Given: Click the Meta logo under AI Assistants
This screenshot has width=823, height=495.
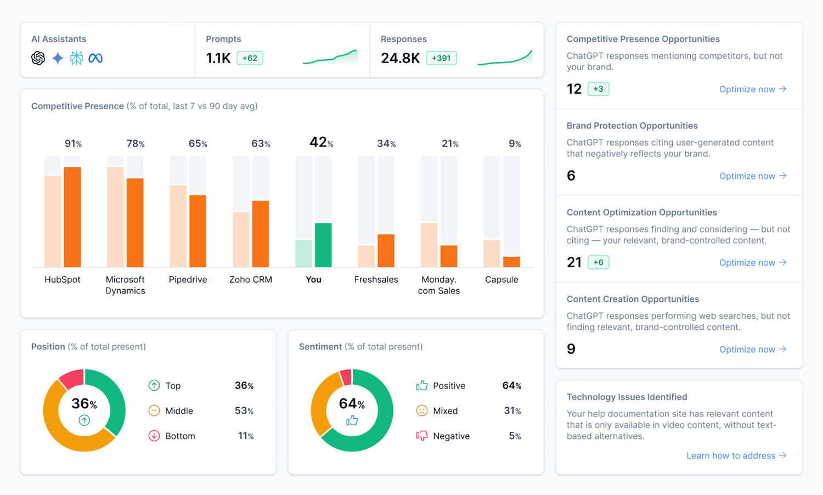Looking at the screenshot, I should [x=95, y=58].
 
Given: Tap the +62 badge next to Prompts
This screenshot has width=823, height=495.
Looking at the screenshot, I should [x=250, y=58].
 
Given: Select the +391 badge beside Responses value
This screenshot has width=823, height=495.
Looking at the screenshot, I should [x=441, y=58].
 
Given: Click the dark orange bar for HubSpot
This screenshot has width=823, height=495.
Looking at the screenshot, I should [x=72, y=217].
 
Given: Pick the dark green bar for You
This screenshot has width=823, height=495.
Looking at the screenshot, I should [x=323, y=245].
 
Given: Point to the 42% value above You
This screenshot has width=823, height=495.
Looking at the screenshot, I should [x=321, y=143].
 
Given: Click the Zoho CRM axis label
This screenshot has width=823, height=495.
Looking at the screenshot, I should [x=251, y=279].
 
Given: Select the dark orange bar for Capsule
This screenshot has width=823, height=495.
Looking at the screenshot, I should [x=511, y=262].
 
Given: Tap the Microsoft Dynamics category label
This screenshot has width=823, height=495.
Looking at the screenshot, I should [x=125, y=285].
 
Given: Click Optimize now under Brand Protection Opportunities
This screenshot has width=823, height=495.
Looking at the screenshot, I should [x=752, y=176].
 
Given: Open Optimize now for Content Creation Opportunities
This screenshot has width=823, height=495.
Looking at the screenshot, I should [x=752, y=350].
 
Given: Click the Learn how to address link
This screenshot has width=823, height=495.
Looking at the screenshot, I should [x=736, y=456].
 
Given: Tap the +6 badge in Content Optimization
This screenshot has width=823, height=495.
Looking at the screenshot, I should [x=598, y=262].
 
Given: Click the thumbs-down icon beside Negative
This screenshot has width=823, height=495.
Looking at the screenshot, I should [x=421, y=436].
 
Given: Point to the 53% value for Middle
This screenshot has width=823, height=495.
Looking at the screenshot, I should [x=244, y=411].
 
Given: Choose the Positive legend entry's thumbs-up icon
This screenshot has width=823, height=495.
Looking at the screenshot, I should [x=421, y=386].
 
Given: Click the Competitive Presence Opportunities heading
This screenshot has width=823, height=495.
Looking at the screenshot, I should [x=642, y=39].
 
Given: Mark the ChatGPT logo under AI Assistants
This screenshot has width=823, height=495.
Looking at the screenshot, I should [x=38, y=58].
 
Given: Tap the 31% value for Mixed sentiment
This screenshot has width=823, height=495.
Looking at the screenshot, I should [x=512, y=411].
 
